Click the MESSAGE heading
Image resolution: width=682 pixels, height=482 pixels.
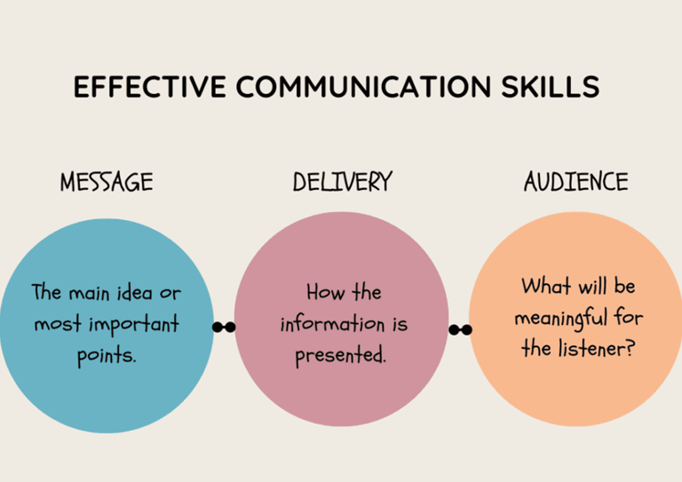tap(107, 183)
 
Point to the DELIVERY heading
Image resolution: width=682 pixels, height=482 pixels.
tap(342, 183)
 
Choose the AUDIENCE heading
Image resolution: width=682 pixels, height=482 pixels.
tap(575, 183)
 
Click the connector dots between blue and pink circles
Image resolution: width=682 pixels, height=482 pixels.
tap(224, 328)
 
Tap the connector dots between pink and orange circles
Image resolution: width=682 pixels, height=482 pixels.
tap(460, 330)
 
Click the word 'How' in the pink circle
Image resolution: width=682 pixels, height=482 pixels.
tap(325, 292)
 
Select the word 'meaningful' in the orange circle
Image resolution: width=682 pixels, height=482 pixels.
tap(561, 317)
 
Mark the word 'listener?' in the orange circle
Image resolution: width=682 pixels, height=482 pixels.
tap(596, 348)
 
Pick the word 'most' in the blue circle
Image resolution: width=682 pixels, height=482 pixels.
tap(55, 324)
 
